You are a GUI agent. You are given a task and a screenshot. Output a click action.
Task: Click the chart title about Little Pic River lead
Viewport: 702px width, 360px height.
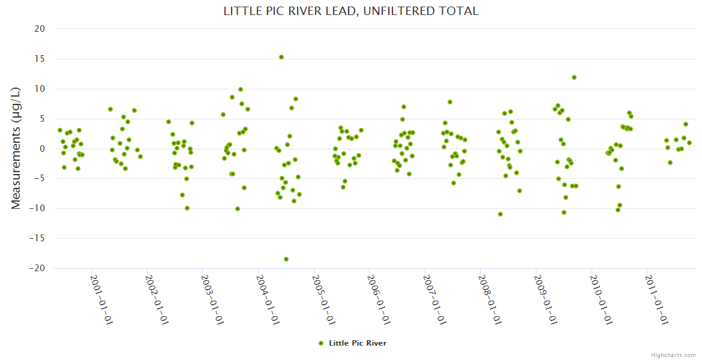coord(351,11)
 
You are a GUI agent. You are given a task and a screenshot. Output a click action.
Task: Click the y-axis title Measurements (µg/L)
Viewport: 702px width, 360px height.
coord(16,148)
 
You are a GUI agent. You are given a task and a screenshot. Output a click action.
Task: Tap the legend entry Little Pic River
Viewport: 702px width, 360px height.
coord(357,343)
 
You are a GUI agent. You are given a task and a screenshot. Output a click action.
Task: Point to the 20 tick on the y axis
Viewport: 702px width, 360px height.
coord(40,28)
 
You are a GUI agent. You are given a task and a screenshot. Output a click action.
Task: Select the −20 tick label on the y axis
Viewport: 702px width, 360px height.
coord(37,268)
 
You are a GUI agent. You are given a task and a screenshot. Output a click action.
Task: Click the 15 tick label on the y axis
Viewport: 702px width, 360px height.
coord(40,59)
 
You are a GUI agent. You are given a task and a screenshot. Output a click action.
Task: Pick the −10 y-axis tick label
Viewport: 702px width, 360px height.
coord(37,208)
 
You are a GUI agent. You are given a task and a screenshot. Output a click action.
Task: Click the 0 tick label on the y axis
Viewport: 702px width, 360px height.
coord(42,149)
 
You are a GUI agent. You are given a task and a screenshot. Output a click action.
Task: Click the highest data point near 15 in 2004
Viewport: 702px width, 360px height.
coord(281,57)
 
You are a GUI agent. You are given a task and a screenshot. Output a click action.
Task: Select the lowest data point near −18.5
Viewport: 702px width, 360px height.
coord(286,259)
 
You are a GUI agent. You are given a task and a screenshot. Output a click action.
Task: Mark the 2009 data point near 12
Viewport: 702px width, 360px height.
coord(574,77)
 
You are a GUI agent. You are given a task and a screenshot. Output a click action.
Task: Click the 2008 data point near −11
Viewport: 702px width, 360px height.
coord(500,214)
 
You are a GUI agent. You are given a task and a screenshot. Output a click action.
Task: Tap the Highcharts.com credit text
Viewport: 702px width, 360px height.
coord(673,355)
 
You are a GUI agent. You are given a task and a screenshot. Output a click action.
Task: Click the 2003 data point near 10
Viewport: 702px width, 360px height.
coord(241,89)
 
